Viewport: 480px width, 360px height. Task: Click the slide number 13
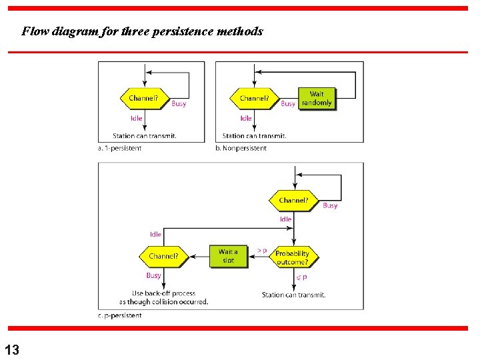[11, 349]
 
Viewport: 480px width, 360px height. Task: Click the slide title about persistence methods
[142, 31]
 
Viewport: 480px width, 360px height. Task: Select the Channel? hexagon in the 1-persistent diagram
[143, 99]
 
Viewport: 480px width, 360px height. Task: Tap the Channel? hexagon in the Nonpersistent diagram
[254, 99]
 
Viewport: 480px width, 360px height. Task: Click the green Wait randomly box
[317, 99]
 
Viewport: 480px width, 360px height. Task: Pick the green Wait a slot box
[228, 256]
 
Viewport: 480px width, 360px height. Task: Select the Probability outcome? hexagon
[293, 257]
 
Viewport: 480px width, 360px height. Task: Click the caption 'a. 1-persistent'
[120, 148]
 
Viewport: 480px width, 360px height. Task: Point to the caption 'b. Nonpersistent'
[241, 148]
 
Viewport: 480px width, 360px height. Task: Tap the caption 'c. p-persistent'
[120, 315]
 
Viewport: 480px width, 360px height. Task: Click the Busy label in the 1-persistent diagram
[179, 104]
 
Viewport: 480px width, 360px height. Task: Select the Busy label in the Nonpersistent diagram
[288, 104]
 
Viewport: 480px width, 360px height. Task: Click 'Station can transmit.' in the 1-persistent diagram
[144, 136]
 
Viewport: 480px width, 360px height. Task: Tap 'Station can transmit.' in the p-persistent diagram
[293, 295]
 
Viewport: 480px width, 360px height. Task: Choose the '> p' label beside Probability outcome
[262, 251]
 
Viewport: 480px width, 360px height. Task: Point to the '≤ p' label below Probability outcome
[301, 277]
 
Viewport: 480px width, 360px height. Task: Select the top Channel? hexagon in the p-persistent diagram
[293, 200]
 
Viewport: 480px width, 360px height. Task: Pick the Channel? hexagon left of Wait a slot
[163, 256]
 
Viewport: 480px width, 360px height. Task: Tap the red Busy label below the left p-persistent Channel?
[153, 275]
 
